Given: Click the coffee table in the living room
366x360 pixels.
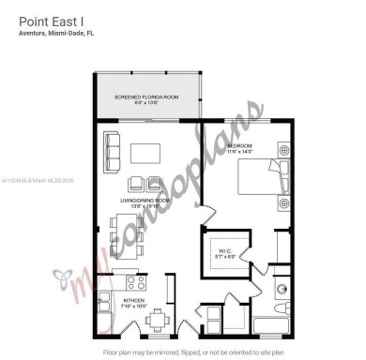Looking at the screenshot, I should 145,152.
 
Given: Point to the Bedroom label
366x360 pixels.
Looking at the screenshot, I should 240,148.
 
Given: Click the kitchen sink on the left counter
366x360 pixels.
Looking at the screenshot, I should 106,304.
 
